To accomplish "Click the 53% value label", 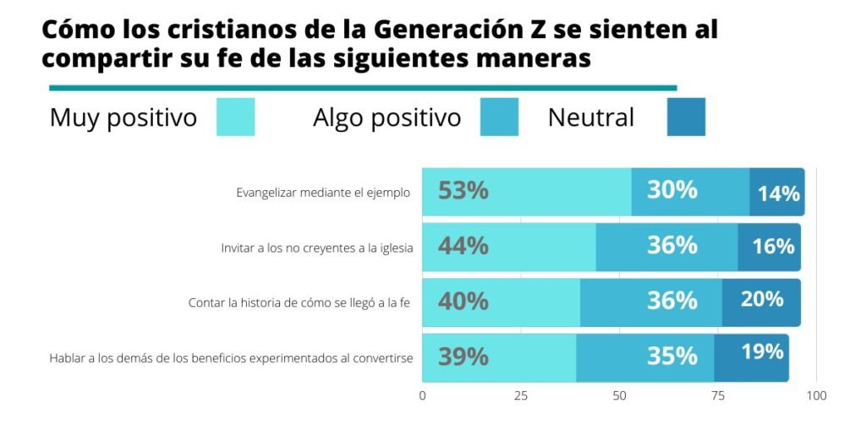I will pos(463,191).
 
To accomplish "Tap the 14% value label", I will pos(778,193).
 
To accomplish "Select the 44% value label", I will pos(463,246).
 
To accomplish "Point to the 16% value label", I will pos(773,246).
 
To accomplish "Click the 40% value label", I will pos(463,301).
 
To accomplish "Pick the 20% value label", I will pos(762,299).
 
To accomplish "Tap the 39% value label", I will pos(463,357).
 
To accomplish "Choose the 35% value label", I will pos(672,357).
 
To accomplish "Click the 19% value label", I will pos(762,351).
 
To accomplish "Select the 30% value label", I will pos(672,190).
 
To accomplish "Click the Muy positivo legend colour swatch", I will pos(235,117).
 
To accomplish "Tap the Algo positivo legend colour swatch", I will pos(500,117).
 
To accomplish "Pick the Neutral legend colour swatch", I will pos(685,117).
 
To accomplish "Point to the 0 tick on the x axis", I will pos(423,395).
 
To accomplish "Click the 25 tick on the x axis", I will pos(521,395).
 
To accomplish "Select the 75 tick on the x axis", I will pos(718,395).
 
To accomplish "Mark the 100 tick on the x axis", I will pos(816,395).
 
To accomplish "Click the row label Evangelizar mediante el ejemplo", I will pos(323,193).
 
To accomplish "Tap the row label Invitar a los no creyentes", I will pos(316,248).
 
